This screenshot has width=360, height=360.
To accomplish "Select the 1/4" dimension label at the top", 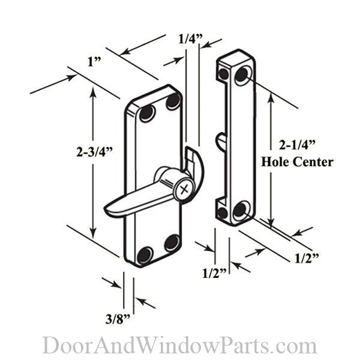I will (191, 40).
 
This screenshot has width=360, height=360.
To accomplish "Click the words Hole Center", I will (297, 162).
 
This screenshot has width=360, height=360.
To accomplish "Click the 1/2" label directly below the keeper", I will (215, 273).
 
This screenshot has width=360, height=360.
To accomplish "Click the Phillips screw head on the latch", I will (184, 188).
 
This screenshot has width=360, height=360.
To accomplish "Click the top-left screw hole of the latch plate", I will (146, 114).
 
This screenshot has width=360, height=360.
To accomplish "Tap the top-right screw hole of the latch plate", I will (173, 101).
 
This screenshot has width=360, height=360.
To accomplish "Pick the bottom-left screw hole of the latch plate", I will (145, 255).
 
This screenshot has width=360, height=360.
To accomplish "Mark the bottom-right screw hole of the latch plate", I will (172, 242).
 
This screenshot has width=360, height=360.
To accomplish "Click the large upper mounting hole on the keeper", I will (242, 75).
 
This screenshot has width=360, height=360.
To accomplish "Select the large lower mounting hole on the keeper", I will (241, 210).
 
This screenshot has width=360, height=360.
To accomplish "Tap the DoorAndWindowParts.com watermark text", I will (179, 346).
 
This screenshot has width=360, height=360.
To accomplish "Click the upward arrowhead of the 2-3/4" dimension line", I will (92, 92).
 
